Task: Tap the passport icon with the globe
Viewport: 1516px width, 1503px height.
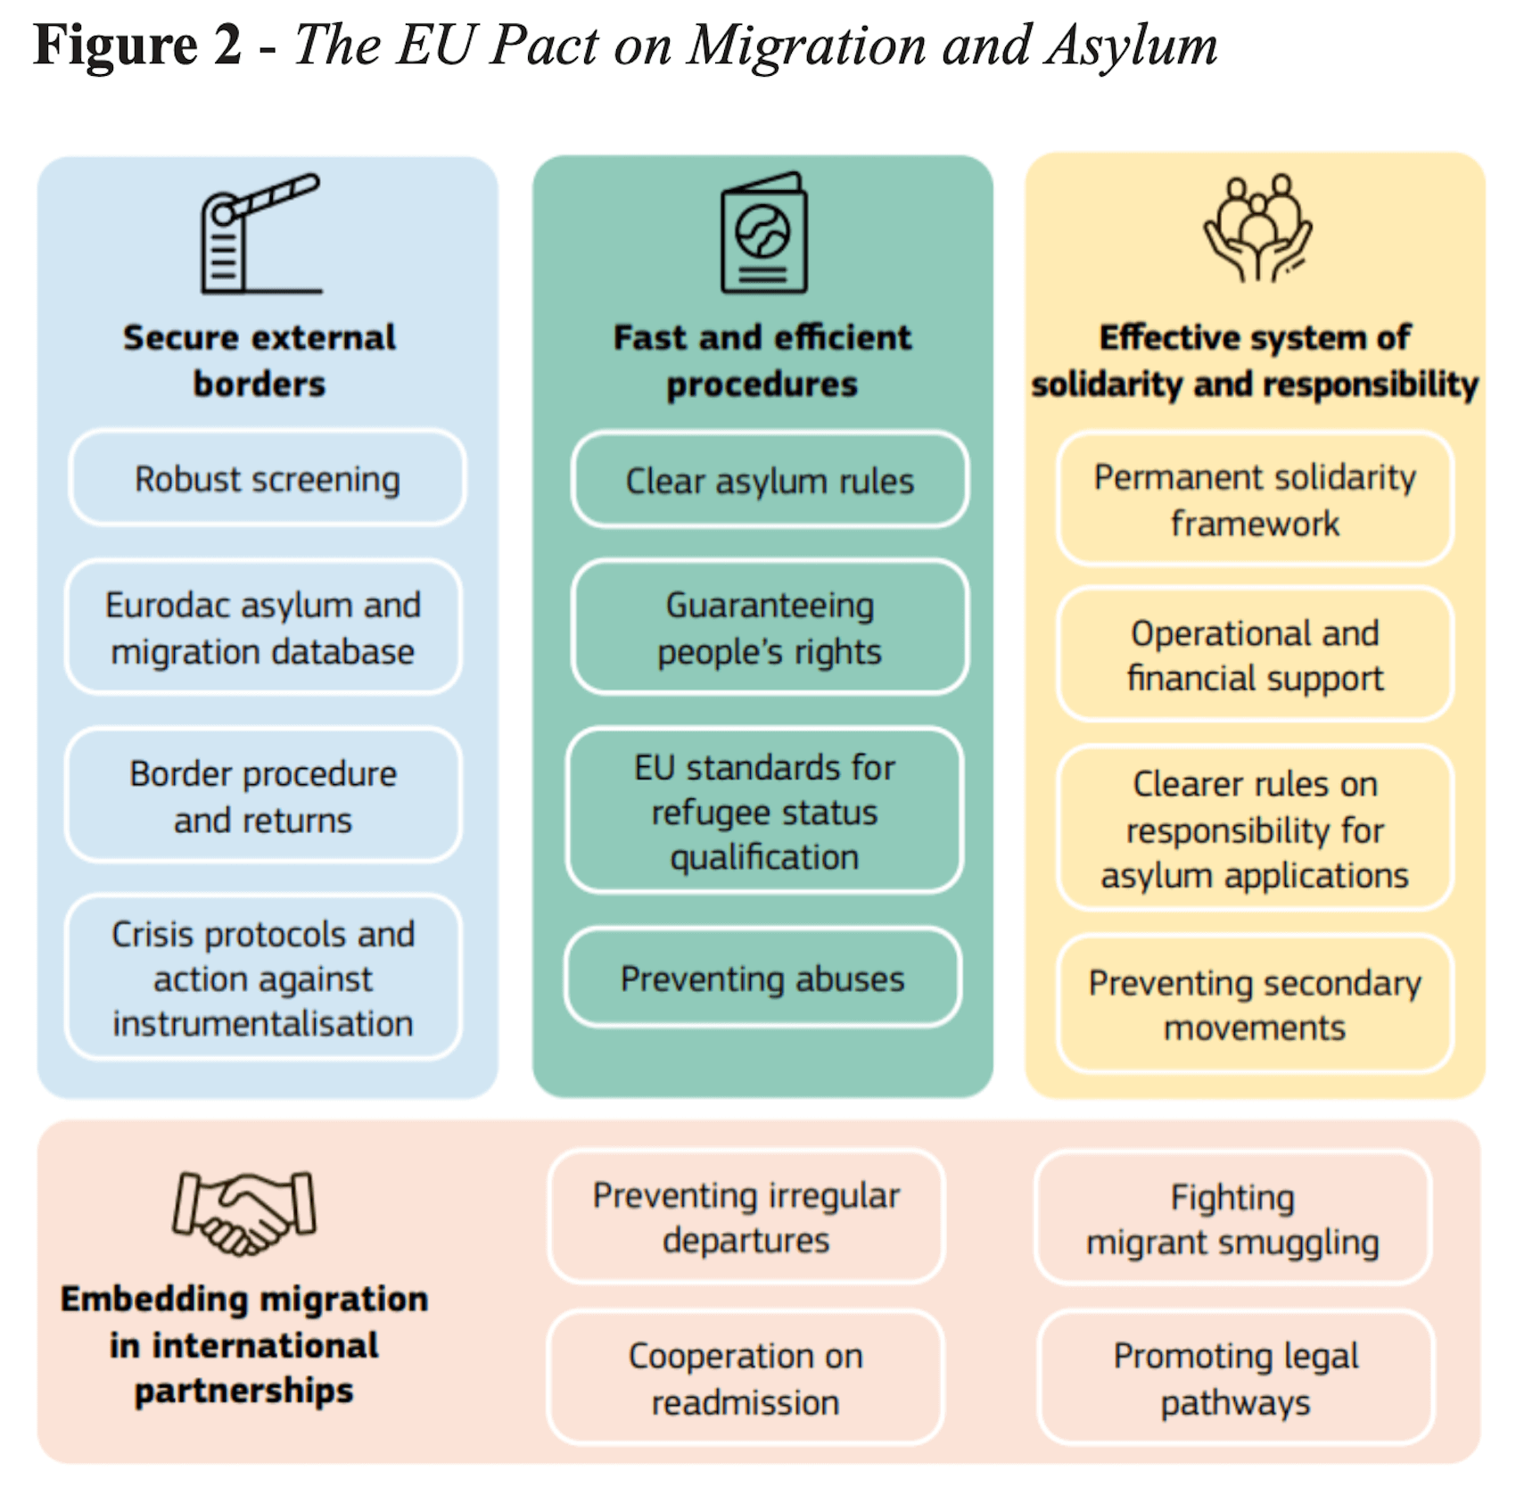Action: click(763, 233)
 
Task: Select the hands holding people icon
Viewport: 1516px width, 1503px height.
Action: click(1257, 228)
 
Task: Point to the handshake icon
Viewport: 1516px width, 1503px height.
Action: click(243, 1213)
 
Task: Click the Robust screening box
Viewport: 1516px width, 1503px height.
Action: click(267, 478)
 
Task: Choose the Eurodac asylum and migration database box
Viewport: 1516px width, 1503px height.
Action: click(263, 627)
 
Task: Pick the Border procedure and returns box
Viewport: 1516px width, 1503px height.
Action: click(263, 796)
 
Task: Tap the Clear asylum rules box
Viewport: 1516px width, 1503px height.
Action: click(770, 480)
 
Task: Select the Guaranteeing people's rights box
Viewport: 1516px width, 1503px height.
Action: click(770, 627)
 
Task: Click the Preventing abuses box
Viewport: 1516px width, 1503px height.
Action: click(762, 978)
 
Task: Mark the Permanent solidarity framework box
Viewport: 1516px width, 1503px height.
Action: click(1255, 500)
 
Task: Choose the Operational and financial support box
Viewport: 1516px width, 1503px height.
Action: click(1255, 655)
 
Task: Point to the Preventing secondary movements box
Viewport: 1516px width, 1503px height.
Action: click(1255, 1004)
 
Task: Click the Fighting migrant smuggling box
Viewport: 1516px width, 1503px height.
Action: click(1232, 1218)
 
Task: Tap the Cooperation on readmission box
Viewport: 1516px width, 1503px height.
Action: click(746, 1378)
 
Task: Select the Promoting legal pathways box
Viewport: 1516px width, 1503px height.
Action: click(1235, 1378)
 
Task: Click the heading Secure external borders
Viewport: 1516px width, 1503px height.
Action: click(260, 360)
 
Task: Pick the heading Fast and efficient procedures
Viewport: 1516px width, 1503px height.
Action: click(762, 360)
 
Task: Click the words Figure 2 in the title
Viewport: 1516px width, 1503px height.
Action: click(137, 45)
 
